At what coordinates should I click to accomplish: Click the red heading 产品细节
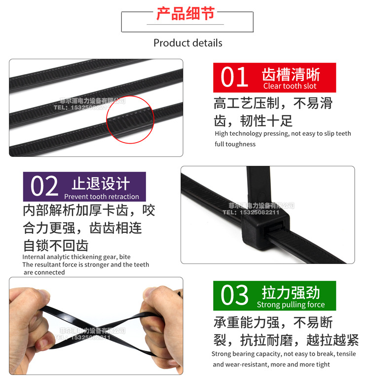(185, 14)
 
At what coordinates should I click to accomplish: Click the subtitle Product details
(187, 43)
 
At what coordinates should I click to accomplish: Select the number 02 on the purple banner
(44, 187)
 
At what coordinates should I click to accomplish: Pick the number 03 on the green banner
(234, 295)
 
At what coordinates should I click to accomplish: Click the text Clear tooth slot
(290, 86)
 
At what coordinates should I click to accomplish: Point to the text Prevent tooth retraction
(102, 196)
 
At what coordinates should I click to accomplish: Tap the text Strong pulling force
(291, 305)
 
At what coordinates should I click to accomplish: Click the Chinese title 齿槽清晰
(291, 75)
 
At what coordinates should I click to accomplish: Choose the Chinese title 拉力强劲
(291, 293)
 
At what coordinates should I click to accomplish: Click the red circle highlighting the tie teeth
(130, 119)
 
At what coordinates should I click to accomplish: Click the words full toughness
(235, 144)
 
